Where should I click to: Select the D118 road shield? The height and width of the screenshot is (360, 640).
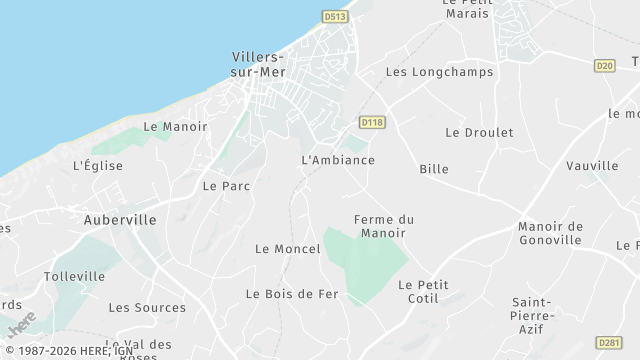tap(372, 122)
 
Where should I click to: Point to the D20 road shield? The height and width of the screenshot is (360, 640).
tap(604, 65)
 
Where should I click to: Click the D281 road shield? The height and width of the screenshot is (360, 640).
tap(608, 342)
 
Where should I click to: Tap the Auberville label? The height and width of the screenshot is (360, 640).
tap(119, 219)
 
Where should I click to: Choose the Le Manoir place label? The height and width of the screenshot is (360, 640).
tap(175, 127)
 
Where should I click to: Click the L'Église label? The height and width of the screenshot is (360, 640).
tap(97, 165)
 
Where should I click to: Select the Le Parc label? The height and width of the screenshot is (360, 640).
tap(226, 186)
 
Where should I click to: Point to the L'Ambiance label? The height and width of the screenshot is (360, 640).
tap(338, 160)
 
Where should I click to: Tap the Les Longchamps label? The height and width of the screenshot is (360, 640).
tap(428, 72)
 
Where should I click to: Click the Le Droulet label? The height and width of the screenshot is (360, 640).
tap(479, 132)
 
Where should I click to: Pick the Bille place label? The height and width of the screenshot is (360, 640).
tap(434, 169)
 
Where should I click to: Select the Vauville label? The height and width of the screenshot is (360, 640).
tap(592, 165)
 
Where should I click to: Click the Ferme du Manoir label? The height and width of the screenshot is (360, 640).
tap(384, 226)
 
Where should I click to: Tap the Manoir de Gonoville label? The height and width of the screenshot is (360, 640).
tap(550, 233)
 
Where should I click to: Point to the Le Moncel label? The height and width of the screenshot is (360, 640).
tap(287, 248)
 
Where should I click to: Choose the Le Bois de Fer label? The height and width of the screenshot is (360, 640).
tap(292, 294)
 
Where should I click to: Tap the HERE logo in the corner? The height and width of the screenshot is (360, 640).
tap(20, 326)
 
